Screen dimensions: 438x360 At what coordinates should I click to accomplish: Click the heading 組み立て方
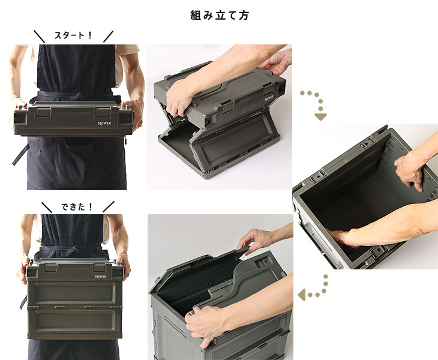(220, 15)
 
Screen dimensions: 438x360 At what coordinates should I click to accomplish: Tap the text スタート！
(73, 35)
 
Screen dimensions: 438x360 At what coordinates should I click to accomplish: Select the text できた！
(77, 206)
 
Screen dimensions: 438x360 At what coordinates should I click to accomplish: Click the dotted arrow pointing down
(316, 105)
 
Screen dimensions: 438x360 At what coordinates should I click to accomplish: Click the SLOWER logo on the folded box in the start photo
(104, 123)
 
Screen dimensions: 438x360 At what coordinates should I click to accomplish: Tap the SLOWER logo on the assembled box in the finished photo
(101, 277)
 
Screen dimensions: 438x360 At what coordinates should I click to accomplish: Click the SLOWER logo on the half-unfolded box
(268, 98)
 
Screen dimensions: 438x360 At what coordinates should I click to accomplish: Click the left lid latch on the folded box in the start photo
(43, 113)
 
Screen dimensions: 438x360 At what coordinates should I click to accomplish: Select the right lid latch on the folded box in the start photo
(103, 112)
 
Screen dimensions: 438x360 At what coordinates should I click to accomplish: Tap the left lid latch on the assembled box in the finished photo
(50, 268)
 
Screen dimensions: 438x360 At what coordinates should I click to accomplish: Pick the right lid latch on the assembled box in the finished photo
(100, 268)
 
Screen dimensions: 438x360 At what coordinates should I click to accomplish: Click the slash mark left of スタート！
(40, 37)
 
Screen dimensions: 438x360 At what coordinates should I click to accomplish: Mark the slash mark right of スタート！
(109, 37)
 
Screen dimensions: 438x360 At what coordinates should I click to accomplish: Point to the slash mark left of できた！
(47, 207)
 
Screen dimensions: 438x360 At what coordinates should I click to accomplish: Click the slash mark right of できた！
(109, 206)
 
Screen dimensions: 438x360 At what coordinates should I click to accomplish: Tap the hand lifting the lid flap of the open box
(254, 240)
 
